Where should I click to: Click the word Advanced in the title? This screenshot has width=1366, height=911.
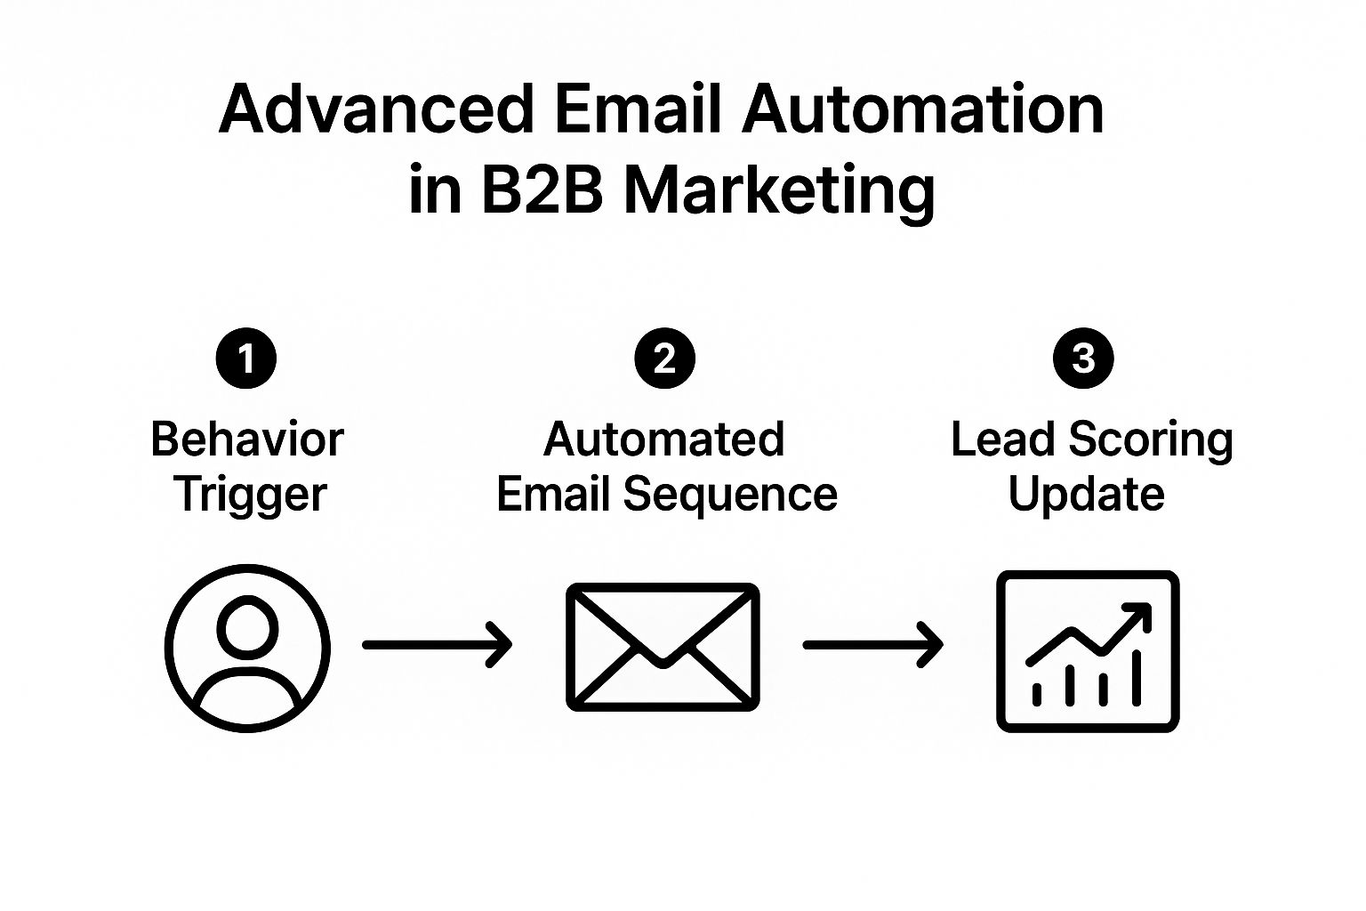pyautogui.click(x=376, y=109)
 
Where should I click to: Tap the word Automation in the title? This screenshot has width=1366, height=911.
pyautogui.click(x=922, y=109)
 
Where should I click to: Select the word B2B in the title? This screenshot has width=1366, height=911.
pyautogui.click(x=542, y=189)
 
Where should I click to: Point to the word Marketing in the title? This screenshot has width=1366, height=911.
pyautogui.click(x=780, y=191)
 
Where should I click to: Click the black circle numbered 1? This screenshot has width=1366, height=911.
pyautogui.click(x=246, y=359)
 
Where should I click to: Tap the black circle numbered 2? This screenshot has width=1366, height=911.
pyautogui.click(x=664, y=359)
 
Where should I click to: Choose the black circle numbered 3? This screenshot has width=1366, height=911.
pyautogui.click(x=1084, y=359)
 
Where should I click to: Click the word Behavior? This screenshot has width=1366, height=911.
pyautogui.click(x=247, y=439)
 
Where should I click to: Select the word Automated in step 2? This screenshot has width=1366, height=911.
pyautogui.click(x=664, y=439)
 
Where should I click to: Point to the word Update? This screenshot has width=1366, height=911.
pyautogui.click(x=1087, y=496)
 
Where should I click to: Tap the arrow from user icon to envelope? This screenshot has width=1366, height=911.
pyautogui.click(x=438, y=645)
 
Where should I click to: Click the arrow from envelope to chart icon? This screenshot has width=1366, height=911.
pyautogui.click(x=873, y=645)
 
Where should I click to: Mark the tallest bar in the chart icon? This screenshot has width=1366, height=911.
pyautogui.click(x=1137, y=678)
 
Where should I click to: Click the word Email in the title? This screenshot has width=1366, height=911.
pyautogui.click(x=638, y=109)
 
